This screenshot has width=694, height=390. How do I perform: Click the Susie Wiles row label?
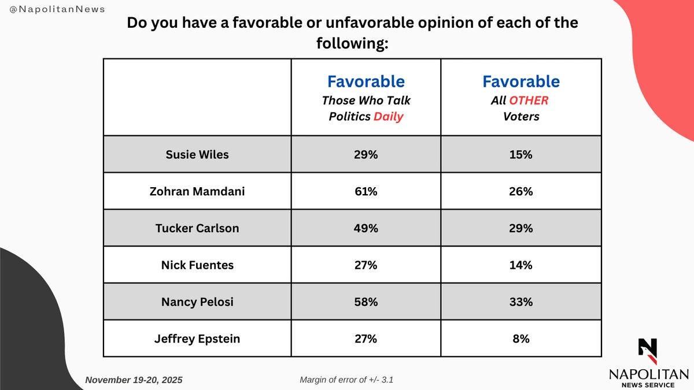click(197, 154)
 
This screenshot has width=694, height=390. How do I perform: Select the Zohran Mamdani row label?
click(197, 191)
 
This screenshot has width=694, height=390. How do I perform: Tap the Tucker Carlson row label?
click(197, 228)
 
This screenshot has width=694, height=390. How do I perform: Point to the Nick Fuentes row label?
click(197, 265)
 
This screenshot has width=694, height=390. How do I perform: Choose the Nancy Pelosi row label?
click(197, 302)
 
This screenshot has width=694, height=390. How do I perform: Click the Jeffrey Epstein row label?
click(197, 339)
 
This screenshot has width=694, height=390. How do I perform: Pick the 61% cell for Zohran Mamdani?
click(366, 191)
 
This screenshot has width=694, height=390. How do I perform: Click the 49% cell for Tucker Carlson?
click(366, 228)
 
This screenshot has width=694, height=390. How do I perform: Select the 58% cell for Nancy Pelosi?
click(366, 302)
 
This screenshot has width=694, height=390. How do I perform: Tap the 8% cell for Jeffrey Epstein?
click(521, 339)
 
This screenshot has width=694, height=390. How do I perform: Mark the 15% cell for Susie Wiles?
click(521, 154)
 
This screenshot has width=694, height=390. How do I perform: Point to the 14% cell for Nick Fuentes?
click(521, 265)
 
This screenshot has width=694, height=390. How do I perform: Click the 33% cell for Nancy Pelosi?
click(521, 302)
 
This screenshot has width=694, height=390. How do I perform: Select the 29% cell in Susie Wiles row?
click(366, 154)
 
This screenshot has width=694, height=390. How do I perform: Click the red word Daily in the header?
click(389, 116)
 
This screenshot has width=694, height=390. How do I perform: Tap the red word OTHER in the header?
click(529, 101)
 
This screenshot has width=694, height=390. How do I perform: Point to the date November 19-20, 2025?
click(134, 380)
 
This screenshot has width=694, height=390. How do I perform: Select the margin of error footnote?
click(348, 380)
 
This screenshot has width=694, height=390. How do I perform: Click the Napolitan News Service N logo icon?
click(648, 348)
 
